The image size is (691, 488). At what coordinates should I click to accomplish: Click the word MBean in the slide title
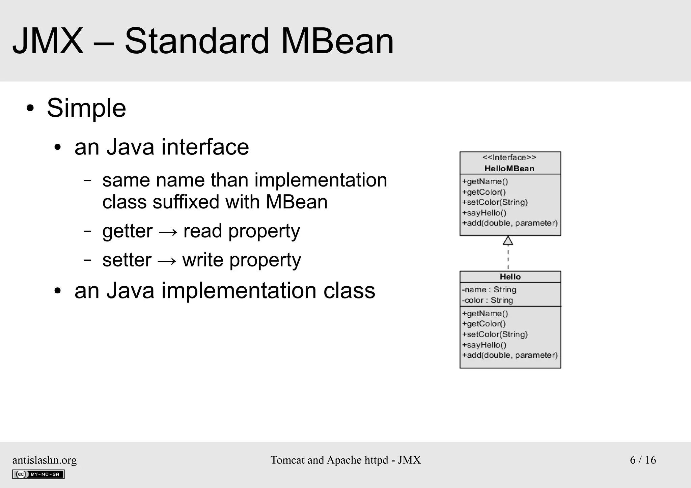coord(337,41)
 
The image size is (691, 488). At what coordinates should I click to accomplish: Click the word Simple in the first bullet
coord(86,108)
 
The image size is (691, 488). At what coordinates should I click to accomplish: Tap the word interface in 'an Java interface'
coord(205,147)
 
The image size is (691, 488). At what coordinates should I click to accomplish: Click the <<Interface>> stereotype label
coord(509,157)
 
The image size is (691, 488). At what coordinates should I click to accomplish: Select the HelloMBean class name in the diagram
coord(509,169)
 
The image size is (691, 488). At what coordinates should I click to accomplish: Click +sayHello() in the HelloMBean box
coord(484,213)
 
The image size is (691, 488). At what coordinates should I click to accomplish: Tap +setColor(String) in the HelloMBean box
coord(495,202)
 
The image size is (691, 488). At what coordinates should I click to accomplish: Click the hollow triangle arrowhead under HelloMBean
coord(508,240)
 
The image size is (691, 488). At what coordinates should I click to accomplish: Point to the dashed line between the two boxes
coord(508,258)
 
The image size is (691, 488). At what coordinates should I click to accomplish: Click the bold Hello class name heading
coord(510,277)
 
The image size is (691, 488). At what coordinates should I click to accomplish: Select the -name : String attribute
coord(489,290)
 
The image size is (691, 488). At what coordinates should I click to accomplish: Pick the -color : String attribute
coord(487,300)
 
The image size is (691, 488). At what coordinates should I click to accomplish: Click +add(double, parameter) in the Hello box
coord(510,355)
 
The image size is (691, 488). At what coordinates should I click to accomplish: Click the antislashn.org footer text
coord(45,460)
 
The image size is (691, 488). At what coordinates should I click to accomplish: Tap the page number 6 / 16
coord(643,460)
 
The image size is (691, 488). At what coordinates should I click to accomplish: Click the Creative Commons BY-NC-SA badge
coord(38,474)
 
